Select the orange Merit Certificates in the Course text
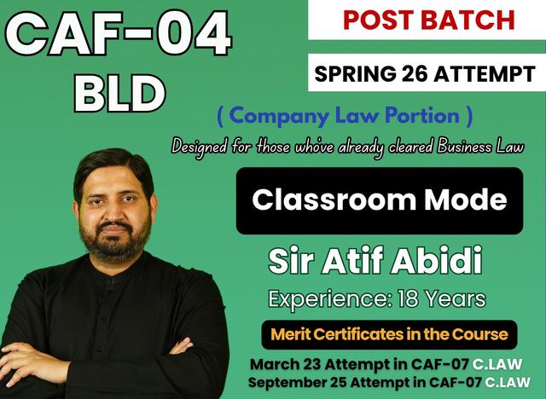tap(389, 333)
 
